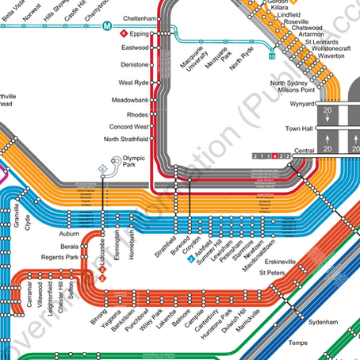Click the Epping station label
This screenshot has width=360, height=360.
[x=140, y=35]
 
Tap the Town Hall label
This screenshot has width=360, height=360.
[x=299, y=128]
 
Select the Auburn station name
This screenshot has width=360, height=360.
[x=69, y=236]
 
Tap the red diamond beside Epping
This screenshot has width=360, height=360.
[x=122, y=35]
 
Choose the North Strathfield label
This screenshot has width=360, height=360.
[x=126, y=140]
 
